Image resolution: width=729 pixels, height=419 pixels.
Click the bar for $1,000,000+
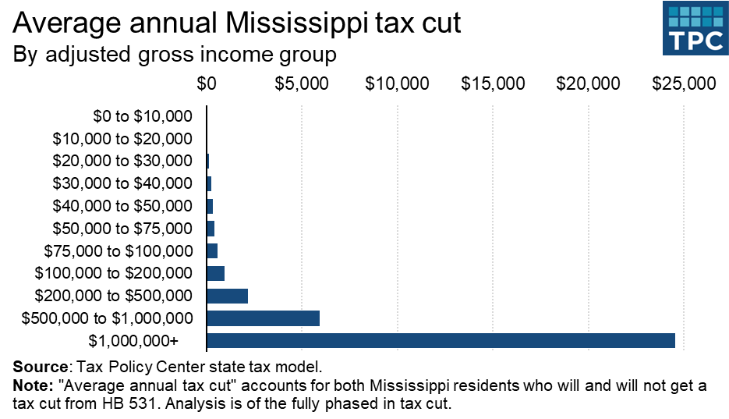pyautogui.click(x=441, y=340)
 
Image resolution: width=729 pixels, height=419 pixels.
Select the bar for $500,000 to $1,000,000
pyautogui.click(x=263, y=318)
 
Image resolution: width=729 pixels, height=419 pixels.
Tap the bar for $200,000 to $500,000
pyautogui.click(x=227, y=296)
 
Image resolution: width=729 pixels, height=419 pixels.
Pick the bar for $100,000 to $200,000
pyautogui.click(x=215, y=273)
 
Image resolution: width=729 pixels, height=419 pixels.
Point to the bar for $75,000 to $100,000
pyautogui.click(x=212, y=250)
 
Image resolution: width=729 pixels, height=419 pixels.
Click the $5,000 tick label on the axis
pyautogui.click(x=302, y=83)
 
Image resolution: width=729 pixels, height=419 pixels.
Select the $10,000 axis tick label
pyautogui.click(x=397, y=83)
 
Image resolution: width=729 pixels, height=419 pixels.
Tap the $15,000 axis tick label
pyautogui.click(x=493, y=83)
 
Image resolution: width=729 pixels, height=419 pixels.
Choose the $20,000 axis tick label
pyautogui.click(x=588, y=83)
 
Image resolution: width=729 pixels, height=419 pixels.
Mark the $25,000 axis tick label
pyautogui.click(x=684, y=83)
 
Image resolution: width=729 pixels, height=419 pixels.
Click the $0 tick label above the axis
pyautogui.click(x=207, y=83)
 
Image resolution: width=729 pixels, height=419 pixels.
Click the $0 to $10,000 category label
pyautogui.click(x=142, y=117)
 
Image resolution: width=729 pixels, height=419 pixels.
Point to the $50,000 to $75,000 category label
pyautogui.click(x=122, y=229)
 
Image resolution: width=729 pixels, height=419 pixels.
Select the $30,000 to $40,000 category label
pyautogui.click(x=122, y=184)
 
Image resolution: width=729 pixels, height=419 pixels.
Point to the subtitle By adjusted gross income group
pyautogui.click(x=175, y=55)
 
